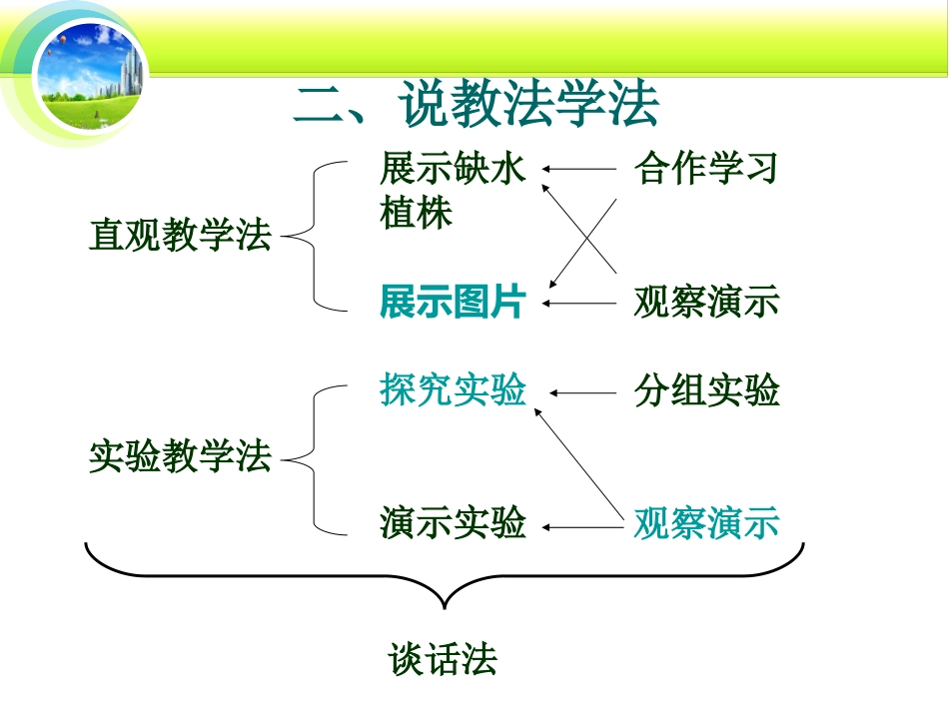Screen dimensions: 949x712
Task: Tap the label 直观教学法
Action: click(x=180, y=237)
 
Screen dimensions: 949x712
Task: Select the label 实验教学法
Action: click(x=180, y=458)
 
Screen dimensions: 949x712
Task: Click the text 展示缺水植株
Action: click(x=451, y=191)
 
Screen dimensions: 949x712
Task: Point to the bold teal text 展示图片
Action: click(x=453, y=303)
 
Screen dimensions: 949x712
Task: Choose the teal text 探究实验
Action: click(x=453, y=391)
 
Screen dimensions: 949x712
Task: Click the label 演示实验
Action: click(x=453, y=523)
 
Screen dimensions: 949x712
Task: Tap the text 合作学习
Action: click(x=705, y=169)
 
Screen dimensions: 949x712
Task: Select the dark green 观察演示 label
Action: click(x=705, y=303)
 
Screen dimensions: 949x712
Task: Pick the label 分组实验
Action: click(x=705, y=391)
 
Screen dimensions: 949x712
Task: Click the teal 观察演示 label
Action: click(x=705, y=523)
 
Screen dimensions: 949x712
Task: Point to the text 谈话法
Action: click(x=443, y=661)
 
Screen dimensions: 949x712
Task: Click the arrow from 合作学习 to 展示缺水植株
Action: click(x=579, y=170)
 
